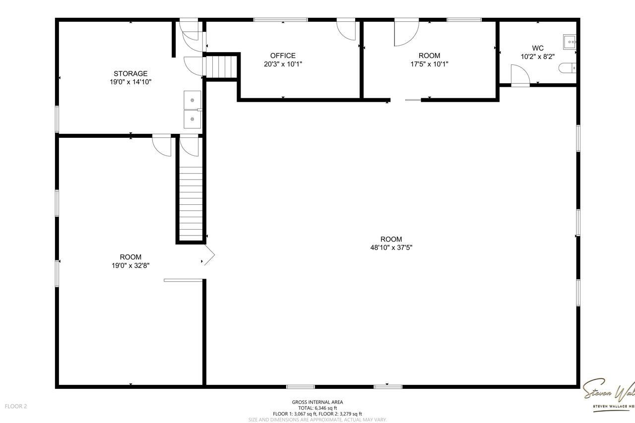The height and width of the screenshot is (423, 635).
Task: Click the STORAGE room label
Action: click(x=130, y=73)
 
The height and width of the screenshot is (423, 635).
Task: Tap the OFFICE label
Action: click(x=283, y=56)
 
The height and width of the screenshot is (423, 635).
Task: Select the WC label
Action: click(x=538, y=48)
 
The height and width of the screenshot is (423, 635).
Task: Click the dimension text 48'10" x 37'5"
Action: click(x=391, y=247)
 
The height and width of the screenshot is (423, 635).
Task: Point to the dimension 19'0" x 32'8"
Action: click(x=130, y=265)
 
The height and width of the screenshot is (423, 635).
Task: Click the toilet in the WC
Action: click(x=568, y=67)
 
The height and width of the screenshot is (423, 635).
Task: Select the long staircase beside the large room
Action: click(x=190, y=203)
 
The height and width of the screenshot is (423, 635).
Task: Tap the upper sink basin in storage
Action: click(x=192, y=100)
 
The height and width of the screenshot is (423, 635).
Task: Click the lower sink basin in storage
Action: click(x=192, y=119)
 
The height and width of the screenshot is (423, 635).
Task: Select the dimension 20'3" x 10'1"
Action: click(x=283, y=64)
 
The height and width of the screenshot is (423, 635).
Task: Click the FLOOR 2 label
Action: click(x=16, y=406)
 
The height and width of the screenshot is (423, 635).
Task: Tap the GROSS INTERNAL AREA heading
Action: click(x=317, y=402)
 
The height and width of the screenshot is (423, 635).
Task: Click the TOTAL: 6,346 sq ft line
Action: click(x=317, y=408)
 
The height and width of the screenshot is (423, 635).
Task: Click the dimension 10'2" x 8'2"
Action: click(x=538, y=57)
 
